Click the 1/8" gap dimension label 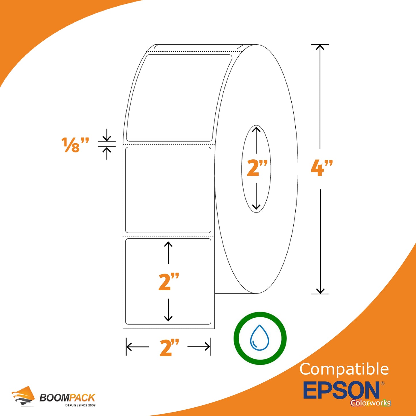point(75,145)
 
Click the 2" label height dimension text point(169,281)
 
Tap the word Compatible point(344,369)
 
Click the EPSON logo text point(341,390)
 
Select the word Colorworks point(371,403)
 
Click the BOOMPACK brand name point(67,398)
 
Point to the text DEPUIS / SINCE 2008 point(80,405)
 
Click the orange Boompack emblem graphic point(23,396)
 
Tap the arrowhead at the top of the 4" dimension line point(320,47)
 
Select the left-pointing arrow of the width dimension point(138,347)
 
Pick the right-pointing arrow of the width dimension point(199,347)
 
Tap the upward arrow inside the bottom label point(168,253)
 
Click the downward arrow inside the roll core point(256,196)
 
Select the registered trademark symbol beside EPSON point(382,383)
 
